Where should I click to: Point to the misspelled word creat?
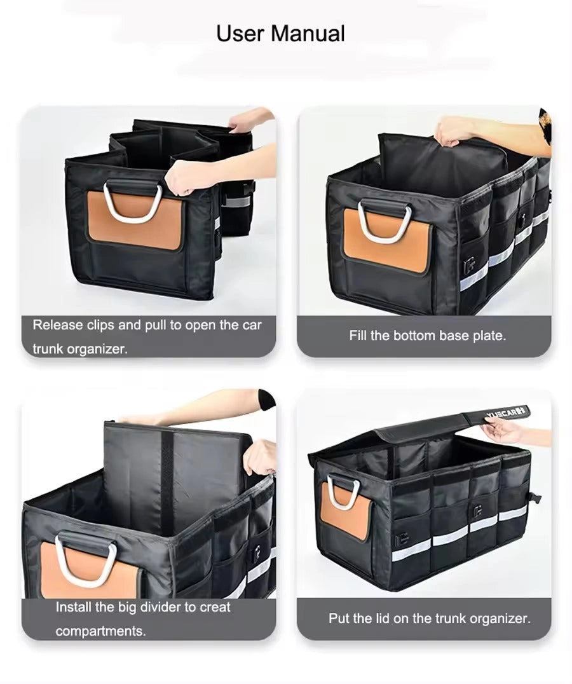tap(215, 606)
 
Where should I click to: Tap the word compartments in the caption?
tap(100, 631)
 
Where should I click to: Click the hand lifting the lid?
tap(502, 432)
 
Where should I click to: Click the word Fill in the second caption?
tap(358, 336)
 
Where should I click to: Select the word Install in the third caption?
tap(74, 606)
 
